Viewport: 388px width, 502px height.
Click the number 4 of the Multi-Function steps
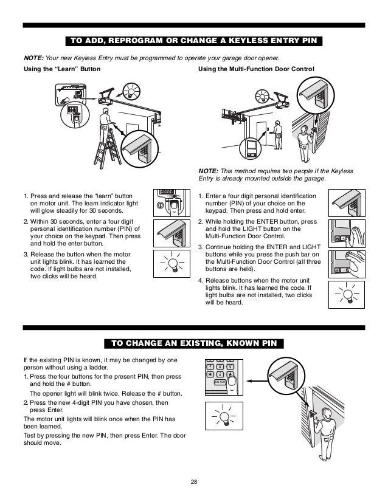(x=201, y=281)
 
